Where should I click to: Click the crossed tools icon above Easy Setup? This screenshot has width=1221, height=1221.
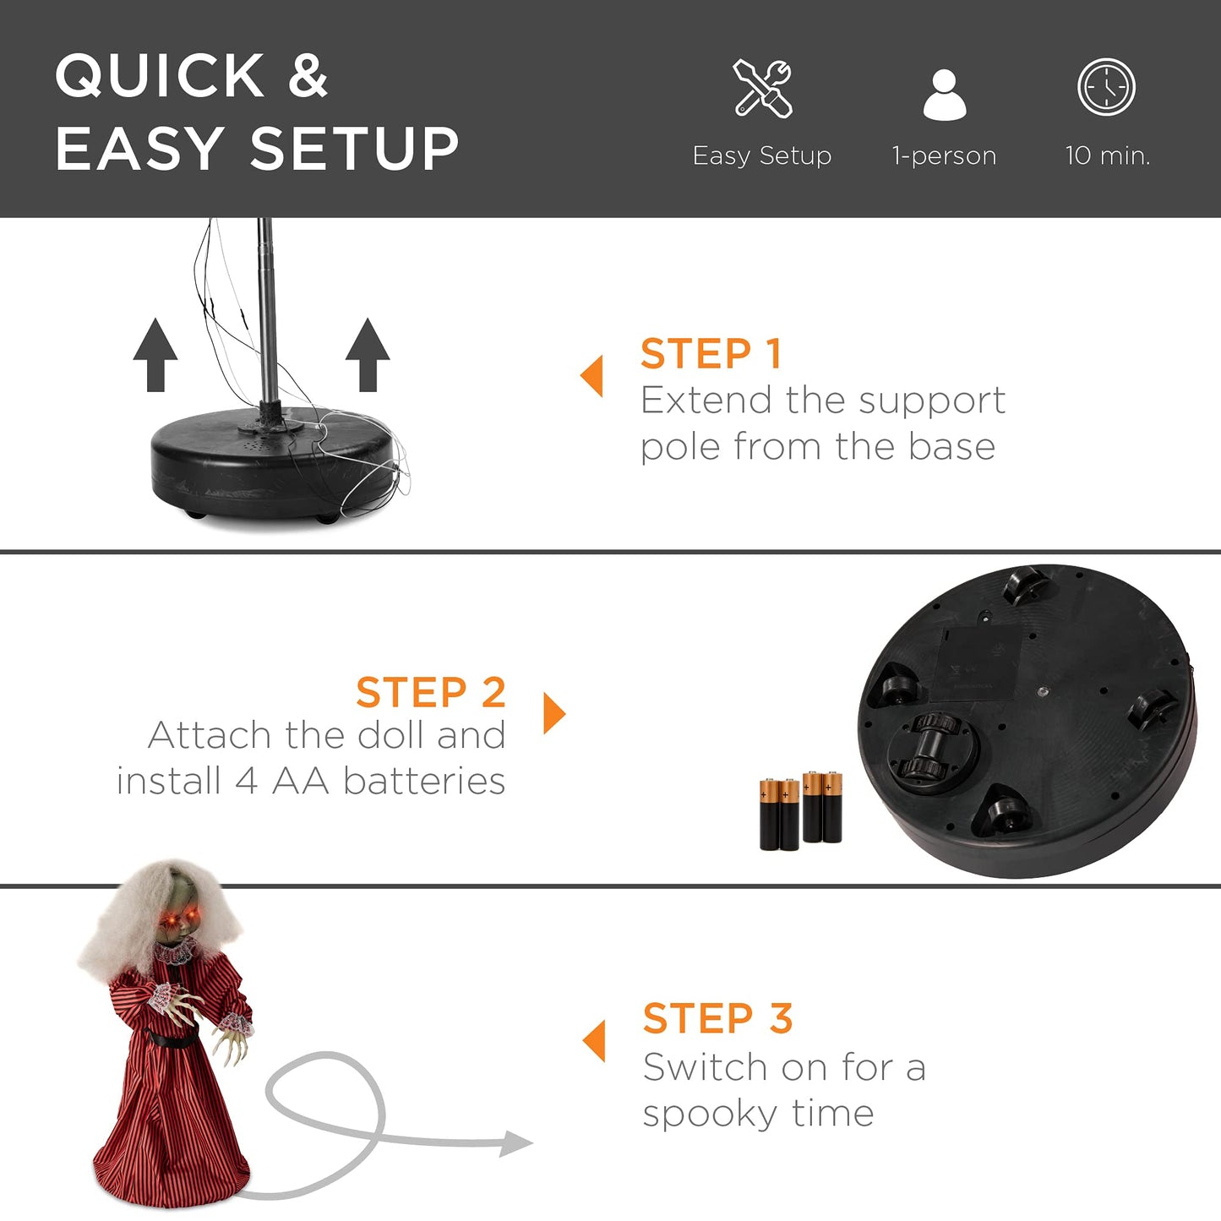(762, 88)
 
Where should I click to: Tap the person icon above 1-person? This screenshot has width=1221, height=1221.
(944, 94)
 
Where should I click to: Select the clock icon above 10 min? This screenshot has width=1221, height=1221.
(1106, 87)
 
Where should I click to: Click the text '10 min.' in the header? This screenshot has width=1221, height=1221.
(1108, 155)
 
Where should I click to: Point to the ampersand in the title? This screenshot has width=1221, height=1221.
(308, 74)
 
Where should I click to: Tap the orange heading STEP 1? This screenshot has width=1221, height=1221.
(711, 353)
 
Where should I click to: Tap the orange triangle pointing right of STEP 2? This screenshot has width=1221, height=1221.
(553, 713)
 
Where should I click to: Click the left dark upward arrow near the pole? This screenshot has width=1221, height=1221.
(155, 355)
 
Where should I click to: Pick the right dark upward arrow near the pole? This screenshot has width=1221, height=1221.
(368, 355)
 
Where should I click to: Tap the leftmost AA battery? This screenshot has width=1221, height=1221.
(769, 815)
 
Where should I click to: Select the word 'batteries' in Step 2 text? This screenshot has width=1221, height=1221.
(424, 781)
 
